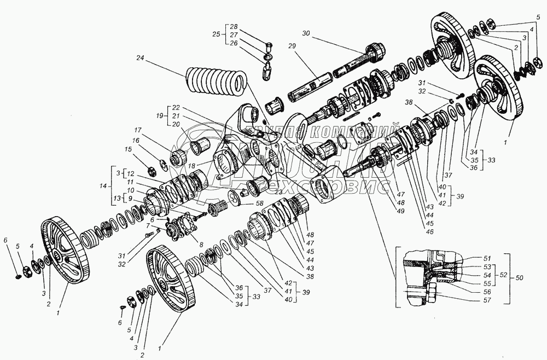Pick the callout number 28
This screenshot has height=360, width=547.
point(234,27)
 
